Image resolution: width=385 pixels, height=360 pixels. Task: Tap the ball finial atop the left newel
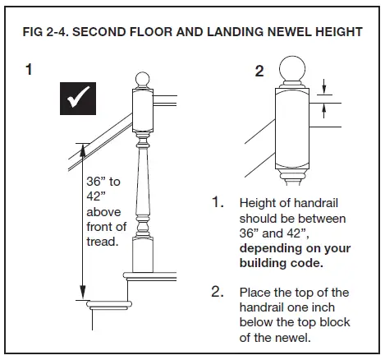tap(143, 80)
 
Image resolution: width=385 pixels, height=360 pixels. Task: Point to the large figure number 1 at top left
tap(30, 71)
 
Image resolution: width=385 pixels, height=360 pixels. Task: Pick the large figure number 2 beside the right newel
tap(259, 72)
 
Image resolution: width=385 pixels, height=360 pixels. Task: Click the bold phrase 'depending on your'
tap(294, 248)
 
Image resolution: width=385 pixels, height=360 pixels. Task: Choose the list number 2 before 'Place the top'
tap(219, 292)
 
